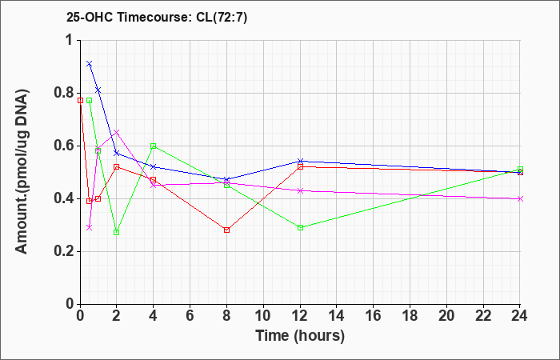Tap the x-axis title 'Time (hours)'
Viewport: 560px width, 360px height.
[300, 335]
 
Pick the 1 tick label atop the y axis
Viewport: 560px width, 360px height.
[69, 40]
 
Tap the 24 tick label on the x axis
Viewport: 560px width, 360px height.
[521, 316]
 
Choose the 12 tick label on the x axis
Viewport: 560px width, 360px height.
[300, 316]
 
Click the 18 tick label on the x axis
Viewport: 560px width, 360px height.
[410, 316]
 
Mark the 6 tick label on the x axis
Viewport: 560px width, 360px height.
[190, 316]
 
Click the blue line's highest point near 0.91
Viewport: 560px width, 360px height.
[89, 63]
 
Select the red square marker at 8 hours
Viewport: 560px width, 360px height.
[226, 230]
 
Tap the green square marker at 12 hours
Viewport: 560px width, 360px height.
[300, 227]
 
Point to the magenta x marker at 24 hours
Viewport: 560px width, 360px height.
[521, 198]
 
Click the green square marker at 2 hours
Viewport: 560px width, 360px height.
[116, 232]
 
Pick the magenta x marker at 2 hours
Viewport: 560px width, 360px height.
[116, 132]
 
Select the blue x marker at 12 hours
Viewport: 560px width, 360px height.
[300, 161]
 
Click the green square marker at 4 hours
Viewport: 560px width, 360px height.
[153, 146]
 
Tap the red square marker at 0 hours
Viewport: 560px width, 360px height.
[80, 100]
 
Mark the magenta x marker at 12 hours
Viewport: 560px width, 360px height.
[300, 190]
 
